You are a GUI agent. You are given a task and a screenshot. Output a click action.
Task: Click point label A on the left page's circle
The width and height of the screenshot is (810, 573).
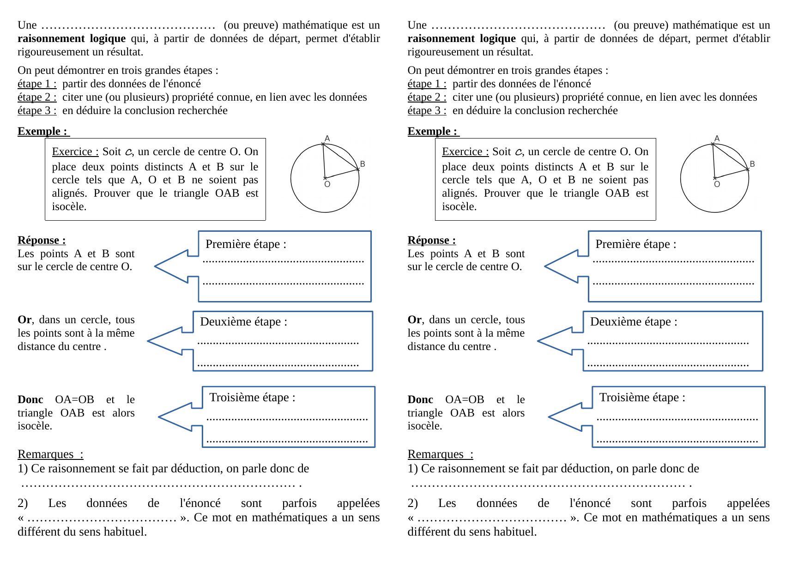tap(327, 139)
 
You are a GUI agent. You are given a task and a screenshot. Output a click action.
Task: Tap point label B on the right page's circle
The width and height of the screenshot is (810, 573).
tap(752, 164)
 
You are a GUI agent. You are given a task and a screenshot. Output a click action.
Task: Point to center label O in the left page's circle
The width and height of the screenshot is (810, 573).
tap(327, 184)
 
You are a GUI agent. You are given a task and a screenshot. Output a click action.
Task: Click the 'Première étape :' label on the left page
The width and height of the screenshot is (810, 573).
tap(246, 244)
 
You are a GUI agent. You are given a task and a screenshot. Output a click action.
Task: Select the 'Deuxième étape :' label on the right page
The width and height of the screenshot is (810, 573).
tap(634, 322)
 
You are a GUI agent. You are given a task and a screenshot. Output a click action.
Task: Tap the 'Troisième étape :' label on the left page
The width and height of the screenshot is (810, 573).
tap(252, 398)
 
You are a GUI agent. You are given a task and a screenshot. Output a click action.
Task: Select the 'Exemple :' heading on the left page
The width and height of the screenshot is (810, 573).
tap(42, 132)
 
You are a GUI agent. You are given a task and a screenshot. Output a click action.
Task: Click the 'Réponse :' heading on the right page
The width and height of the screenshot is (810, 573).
tap(431, 241)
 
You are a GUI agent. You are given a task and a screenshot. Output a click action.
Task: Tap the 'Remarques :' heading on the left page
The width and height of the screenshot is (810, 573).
tap(50, 454)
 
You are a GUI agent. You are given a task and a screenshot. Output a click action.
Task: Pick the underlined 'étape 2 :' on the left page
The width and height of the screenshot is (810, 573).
tap(37, 97)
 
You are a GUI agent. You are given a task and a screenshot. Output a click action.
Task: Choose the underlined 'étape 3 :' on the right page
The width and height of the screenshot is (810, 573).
tap(427, 111)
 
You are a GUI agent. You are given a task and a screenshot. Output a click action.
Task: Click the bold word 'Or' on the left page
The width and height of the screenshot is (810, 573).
tap(24, 320)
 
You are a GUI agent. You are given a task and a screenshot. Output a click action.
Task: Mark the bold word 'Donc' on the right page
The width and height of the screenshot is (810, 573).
tap(420, 400)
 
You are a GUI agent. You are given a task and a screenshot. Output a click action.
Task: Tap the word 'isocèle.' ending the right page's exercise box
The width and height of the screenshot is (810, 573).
tap(459, 207)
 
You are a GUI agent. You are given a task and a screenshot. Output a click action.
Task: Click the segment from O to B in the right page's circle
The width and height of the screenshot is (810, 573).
tap(731, 174)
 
